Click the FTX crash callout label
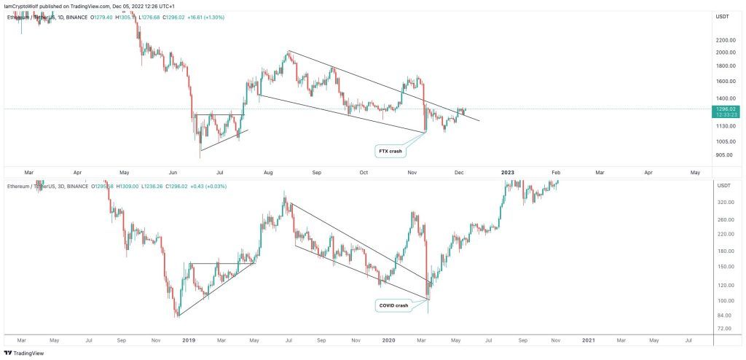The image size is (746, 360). click(x=388, y=152)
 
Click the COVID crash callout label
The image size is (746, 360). click(x=394, y=305)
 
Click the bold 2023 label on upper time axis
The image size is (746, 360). click(x=508, y=172)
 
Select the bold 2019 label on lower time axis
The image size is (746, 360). click(x=189, y=340)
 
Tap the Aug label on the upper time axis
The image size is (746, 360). click(x=268, y=172)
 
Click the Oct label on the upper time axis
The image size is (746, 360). click(x=365, y=172)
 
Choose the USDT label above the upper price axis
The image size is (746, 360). click(x=723, y=16)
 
